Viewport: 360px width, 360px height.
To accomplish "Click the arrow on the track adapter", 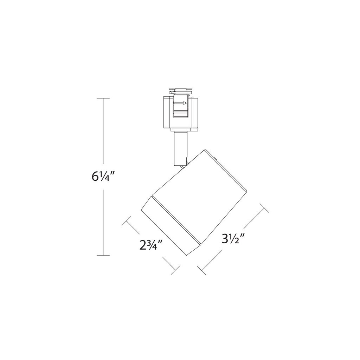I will point(181,103).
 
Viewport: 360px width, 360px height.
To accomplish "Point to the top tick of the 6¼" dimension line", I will point(103,98).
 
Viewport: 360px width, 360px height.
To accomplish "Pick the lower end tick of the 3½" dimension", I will point(202,269).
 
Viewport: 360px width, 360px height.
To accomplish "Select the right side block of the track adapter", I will point(195,112).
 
